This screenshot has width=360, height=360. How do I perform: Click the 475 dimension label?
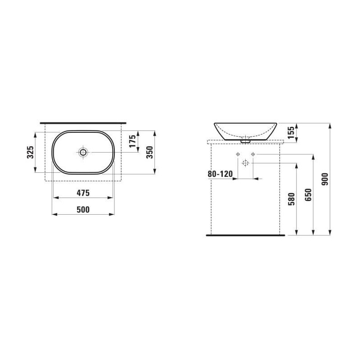[83, 193]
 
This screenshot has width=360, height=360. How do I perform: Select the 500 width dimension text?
[83, 210]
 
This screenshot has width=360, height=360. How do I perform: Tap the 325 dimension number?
[31, 152]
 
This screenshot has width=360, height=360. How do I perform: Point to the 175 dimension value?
[132, 141]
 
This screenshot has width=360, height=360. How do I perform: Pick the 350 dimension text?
[149, 152]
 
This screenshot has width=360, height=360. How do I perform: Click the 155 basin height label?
[291, 132]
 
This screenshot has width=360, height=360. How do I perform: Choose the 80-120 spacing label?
[220, 174]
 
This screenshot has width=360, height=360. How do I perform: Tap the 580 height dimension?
[291, 199]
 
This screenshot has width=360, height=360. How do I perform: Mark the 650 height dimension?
[308, 195]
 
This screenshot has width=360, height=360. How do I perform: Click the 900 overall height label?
[325, 179]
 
